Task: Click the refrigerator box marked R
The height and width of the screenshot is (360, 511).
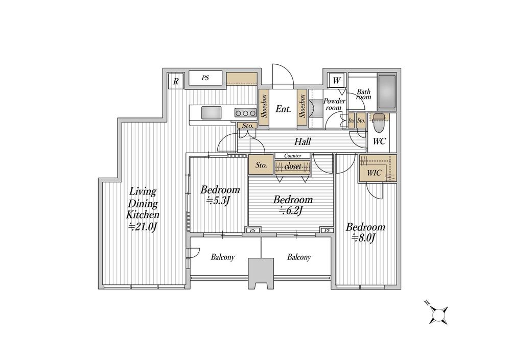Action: tap(176, 81)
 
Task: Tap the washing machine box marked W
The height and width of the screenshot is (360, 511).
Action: tap(337, 80)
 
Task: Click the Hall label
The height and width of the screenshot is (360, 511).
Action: tap(303, 141)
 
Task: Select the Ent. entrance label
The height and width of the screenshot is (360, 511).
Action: tap(283, 109)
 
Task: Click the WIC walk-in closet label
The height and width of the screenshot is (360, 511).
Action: tap(374, 173)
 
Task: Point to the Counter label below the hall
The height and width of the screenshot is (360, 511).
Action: tap(293, 156)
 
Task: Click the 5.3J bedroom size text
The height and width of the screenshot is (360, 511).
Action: tap(218, 201)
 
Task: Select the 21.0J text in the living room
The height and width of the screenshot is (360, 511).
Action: tap(143, 227)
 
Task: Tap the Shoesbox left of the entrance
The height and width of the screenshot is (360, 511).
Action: tap(264, 108)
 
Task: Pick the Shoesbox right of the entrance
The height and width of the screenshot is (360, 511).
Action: tap(302, 108)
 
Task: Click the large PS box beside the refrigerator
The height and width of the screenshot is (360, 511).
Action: tap(205, 78)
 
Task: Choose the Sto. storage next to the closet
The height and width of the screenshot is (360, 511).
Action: tap(261, 165)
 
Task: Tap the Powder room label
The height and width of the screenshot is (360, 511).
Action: tap(334, 104)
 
